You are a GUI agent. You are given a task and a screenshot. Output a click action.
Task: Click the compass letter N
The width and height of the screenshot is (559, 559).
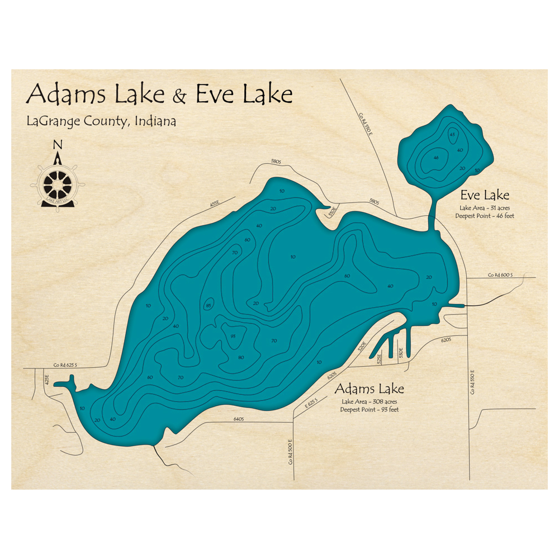point(58,145)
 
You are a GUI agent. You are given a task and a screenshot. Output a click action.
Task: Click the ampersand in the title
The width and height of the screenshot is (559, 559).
point(179,96)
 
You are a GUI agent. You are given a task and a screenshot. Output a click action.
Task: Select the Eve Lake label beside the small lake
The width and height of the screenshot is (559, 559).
point(485,195)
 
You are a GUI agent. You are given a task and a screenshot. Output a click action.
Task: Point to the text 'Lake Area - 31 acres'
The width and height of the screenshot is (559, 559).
point(484,208)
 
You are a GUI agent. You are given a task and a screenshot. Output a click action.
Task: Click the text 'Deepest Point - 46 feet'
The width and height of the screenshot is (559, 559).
point(484,215)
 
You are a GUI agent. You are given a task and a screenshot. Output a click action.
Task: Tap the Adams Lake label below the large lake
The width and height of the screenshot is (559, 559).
point(369,389)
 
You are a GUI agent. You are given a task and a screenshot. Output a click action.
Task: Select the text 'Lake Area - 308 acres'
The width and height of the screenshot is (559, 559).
point(369,402)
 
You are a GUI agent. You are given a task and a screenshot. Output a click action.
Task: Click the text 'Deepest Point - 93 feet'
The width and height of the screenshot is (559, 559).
point(369,410)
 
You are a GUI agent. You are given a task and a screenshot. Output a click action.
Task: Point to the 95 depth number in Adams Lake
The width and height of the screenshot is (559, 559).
point(233,336)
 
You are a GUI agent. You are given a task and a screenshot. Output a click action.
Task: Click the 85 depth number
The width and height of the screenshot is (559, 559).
point(209,305)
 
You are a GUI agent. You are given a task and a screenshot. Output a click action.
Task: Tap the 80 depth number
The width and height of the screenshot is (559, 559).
point(241,357)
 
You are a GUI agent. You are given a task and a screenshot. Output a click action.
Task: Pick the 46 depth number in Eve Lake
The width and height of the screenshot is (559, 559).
point(434,158)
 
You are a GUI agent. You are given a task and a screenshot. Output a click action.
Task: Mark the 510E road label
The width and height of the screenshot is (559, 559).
point(331,212)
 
